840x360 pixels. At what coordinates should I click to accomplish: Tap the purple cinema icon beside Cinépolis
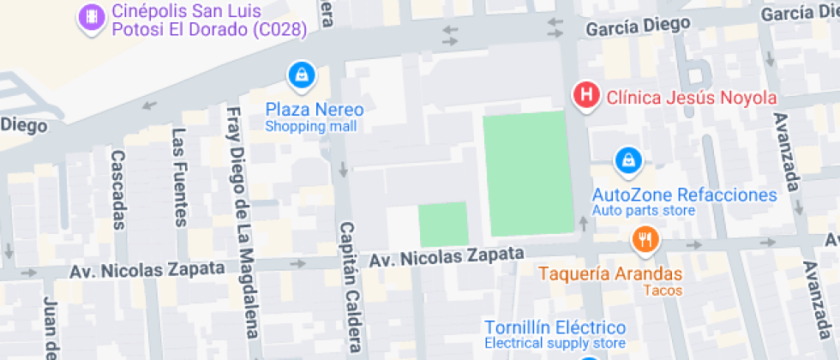pyautogui.click(x=89, y=17)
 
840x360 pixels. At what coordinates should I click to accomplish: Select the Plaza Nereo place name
pyautogui.click(x=315, y=111)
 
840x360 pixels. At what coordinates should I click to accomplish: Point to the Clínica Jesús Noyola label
pyautogui.click(x=691, y=97)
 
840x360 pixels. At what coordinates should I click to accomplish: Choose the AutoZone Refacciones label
pyautogui.click(x=684, y=195)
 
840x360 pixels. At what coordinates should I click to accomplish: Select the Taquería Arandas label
pyautogui.click(x=610, y=274)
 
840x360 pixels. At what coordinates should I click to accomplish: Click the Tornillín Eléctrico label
pyautogui.click(x=555, y=327)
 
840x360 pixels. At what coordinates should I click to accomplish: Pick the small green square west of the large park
pyautogui.click(x=443, y=224)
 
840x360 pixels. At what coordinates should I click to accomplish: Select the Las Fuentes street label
pyautogui.click(x=179, y=177)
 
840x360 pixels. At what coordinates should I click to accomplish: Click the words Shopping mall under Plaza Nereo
pyautogui.click(x=310, y=127)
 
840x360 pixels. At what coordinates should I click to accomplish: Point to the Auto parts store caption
pyautogui.click(x=643, y=211)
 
